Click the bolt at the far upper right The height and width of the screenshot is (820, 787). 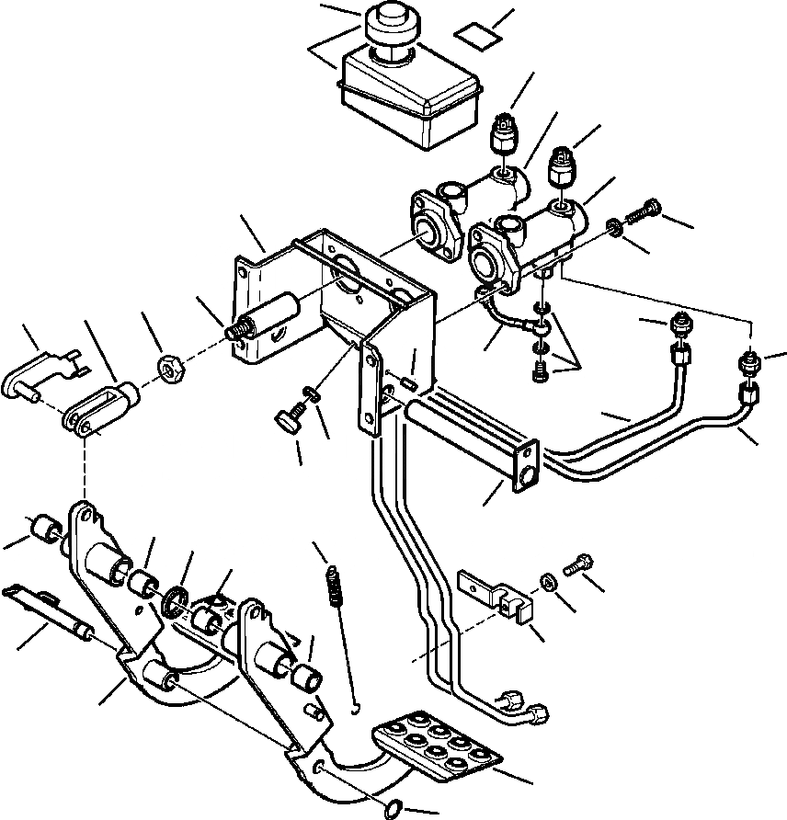click(644, 211)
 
